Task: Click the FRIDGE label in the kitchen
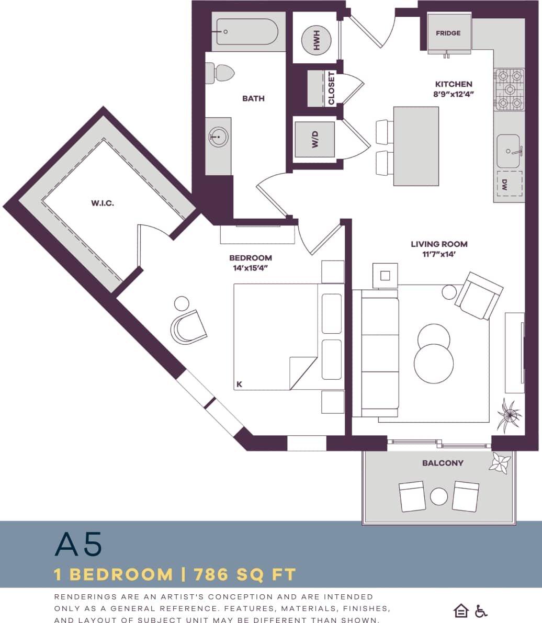(448, 33)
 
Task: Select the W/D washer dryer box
(315, 140)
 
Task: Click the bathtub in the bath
(247, 31)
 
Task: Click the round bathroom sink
(218, 138)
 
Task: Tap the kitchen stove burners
(509, 89)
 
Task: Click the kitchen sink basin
(509, 151)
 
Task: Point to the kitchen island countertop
(416, 146)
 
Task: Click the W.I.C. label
(103, 203)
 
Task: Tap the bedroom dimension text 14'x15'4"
(251, 268)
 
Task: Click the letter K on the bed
(239, 384)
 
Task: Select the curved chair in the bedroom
(188, 327)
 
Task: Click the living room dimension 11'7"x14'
(439, 254)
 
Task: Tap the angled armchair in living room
(478, 296)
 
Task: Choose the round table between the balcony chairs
(439, 496)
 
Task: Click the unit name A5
(78, 545)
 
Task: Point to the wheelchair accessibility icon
(481, 610)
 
